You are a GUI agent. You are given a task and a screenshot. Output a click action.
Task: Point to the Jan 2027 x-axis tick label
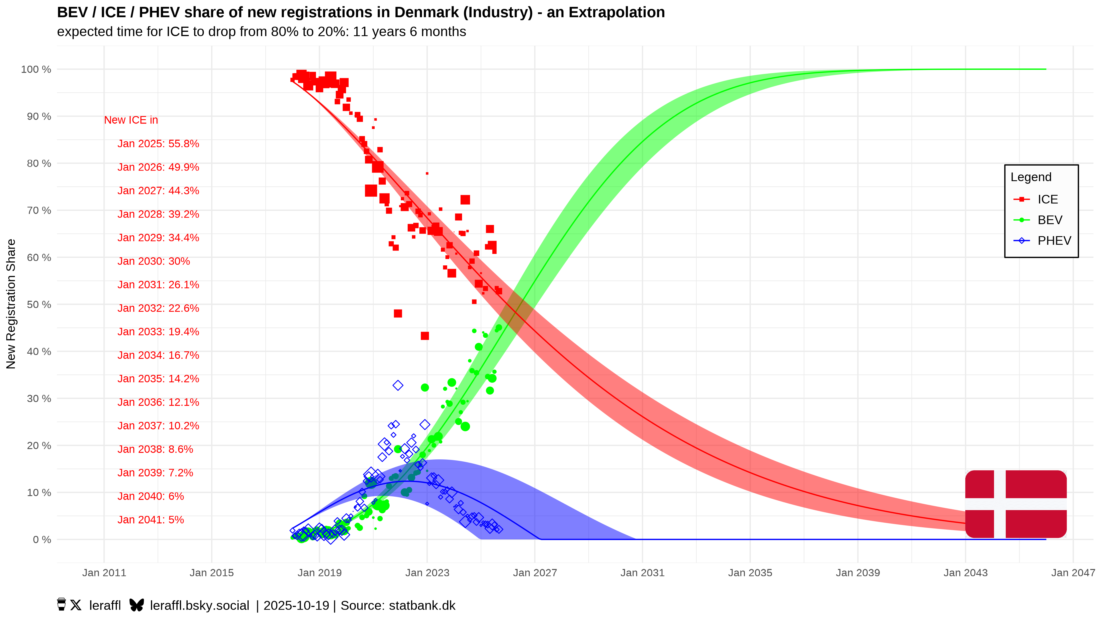tap(535, 573)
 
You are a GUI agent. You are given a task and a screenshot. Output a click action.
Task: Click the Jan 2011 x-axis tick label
tap(104, 573)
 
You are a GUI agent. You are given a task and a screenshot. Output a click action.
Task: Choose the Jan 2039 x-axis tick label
tap(857, 573)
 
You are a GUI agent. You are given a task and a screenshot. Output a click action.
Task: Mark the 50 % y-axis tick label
tap(39, 305)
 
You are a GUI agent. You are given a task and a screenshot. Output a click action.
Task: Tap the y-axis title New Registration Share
tap(11, 304)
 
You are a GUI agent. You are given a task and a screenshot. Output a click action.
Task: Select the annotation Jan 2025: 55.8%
tap(158, 144)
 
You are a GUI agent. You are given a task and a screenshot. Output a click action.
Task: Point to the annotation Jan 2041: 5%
tap(150, 520)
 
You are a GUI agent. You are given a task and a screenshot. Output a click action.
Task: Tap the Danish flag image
tap(1015, 504)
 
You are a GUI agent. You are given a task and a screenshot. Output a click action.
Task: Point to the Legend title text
tap(1030, 177)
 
